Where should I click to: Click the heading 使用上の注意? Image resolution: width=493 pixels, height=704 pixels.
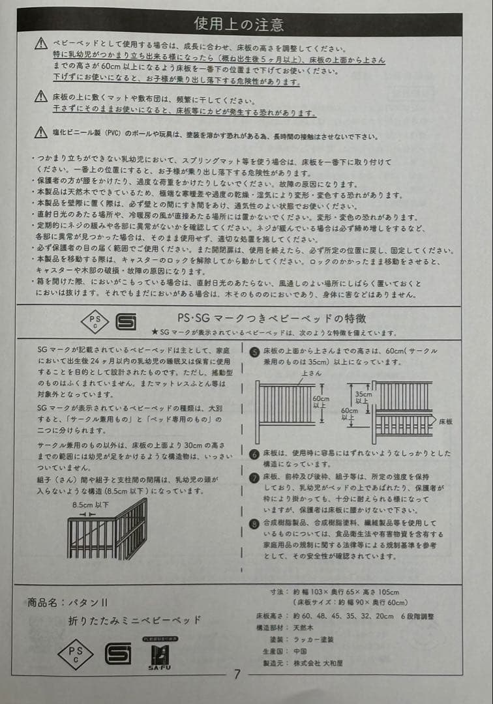click(x=239, y=24)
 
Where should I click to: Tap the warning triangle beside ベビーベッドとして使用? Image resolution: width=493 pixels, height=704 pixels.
click(x=41, y=44)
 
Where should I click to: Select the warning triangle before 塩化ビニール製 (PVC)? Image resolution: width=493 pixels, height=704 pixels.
click(x=41, y=133)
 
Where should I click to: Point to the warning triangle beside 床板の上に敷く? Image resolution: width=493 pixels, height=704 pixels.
click(x=41, y=97)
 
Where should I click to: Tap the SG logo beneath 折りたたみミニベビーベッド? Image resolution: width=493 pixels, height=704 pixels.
click(x=117, y=652)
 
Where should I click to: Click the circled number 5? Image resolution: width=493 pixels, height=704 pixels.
click(x=255, y=351)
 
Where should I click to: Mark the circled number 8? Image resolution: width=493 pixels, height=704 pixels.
click(x=255, y=523)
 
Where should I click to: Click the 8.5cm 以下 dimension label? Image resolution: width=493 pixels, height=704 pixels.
click(x=88, y=505)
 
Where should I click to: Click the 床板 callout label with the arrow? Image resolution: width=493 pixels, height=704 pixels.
click(x=446, y=421)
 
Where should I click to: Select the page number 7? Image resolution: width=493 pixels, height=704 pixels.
click(x=237, y=674)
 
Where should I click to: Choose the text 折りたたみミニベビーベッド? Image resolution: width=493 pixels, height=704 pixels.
click(x=134, y=620)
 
